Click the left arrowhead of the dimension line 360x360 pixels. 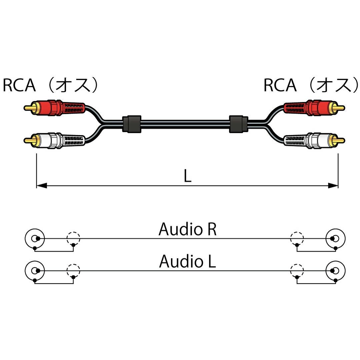(x=41, y=185)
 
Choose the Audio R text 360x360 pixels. (x=187, y=229)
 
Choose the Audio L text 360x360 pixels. (x=187, y=261)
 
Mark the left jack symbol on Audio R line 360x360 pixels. (x=35, y=239)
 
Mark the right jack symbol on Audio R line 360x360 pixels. (x=335, y=239)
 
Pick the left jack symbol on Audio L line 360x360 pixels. (x=35, y=271)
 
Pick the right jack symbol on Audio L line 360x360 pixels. (x=335, y=271)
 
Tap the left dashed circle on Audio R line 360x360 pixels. (x=73, y=239)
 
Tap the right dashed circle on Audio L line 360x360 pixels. (x=297, y=271)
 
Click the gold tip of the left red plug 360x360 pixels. (x=29, y=108)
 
